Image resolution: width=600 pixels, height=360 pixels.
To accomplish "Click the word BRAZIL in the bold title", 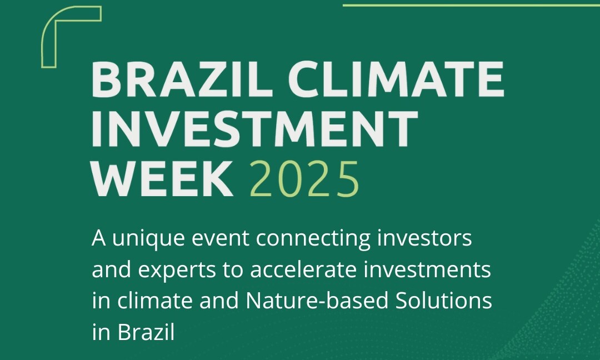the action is (x=182, y=79).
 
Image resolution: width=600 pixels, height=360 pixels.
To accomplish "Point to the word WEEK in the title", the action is (x=163, y=179).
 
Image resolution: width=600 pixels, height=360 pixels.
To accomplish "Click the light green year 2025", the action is (x=304, y=179).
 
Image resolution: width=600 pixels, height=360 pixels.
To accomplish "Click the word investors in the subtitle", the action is (x=424, y=238).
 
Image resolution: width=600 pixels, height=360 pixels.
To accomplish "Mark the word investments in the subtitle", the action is (x=427, y=269).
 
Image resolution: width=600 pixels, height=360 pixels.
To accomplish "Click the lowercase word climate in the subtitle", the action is (x=155, y=301).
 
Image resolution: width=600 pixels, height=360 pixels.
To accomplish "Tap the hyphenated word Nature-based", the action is (x=317, y=301).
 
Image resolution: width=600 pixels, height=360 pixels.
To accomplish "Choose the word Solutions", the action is (x=443, y=301).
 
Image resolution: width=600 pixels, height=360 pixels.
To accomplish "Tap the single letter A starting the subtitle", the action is (x=99, y=239).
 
